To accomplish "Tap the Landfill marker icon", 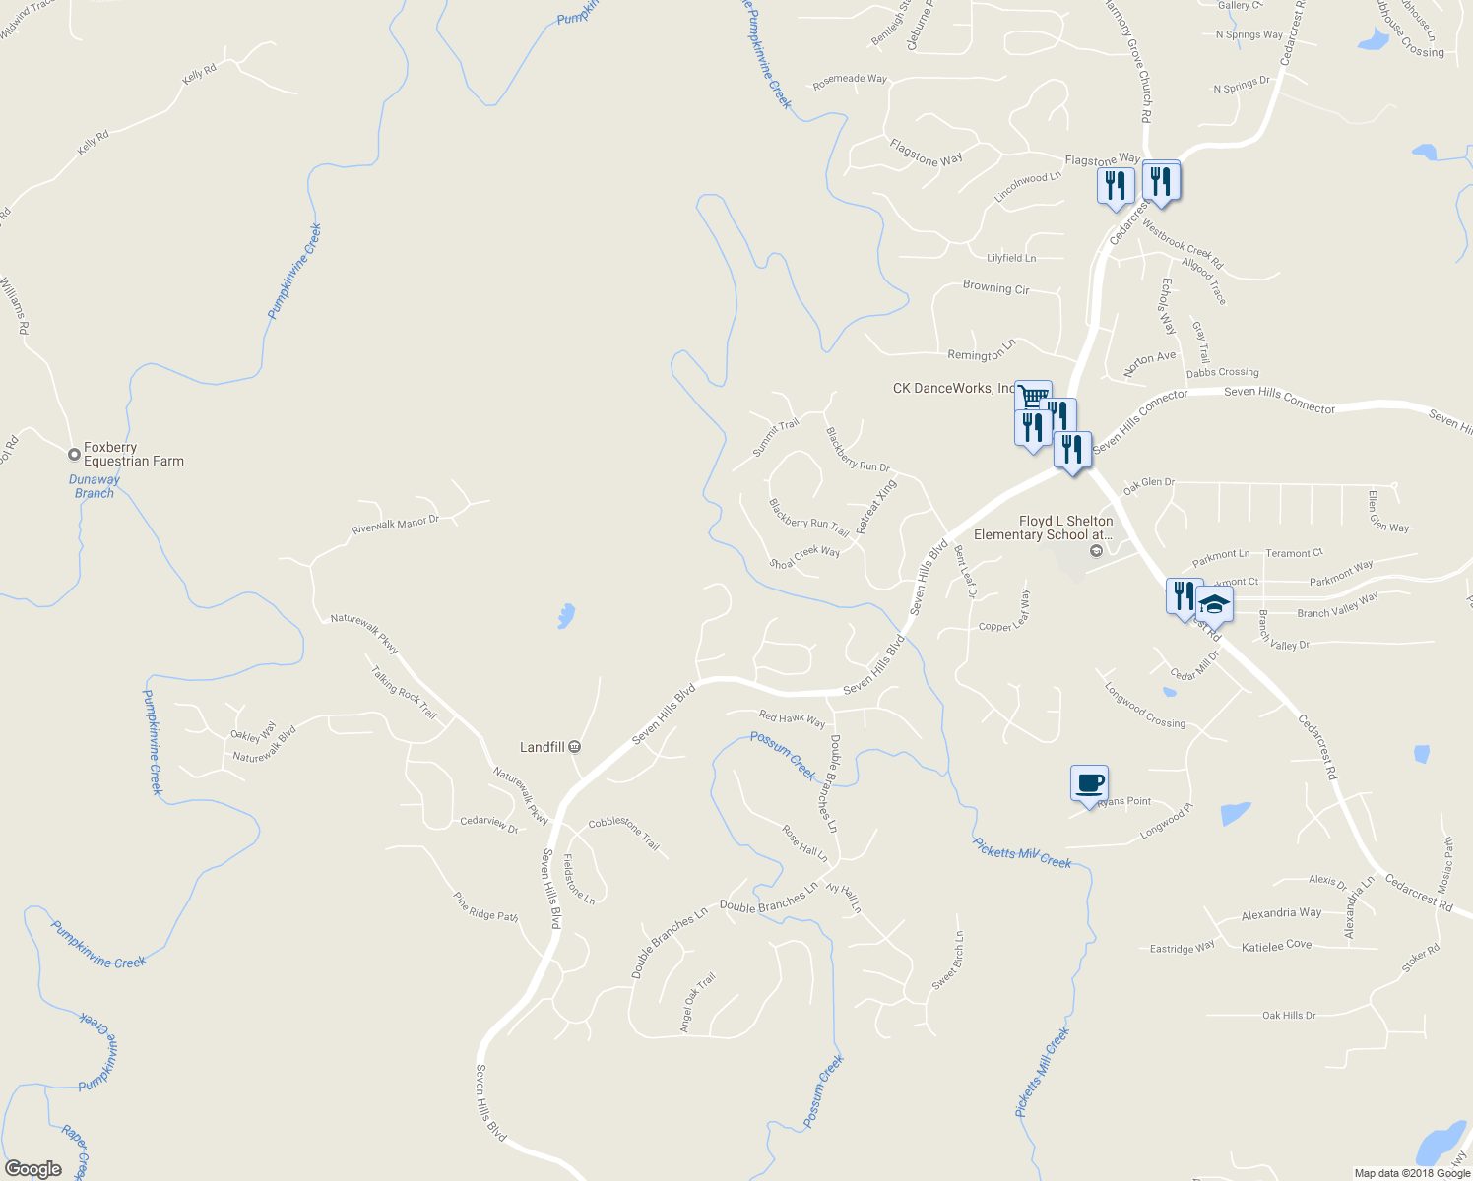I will pos(575,747).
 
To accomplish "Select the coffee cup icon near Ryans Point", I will pos(1089,784).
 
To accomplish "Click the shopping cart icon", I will pos(1033,397).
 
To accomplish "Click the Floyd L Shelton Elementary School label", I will pos(1043,528).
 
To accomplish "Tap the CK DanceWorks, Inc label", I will pos(953,388).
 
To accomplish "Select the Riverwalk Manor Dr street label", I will pos(396,524).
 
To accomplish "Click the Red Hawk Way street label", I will pos(792,718).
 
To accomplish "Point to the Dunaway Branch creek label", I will pos(95,486).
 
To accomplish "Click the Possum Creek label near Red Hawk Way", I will pos(784,756).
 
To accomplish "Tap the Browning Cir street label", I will pos(995,288).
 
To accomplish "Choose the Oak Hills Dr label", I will pos(1289,1015).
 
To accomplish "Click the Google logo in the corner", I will pos(33,1169).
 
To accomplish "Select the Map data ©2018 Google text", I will pos(1412,1173).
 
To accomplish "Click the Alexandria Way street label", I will pos(1281,913).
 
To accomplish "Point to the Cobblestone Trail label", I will pos(623,833).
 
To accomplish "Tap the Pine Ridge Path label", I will pos(485,906).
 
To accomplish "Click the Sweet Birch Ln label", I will pos(949,961).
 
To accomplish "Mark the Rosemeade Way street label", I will pos(850,80).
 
